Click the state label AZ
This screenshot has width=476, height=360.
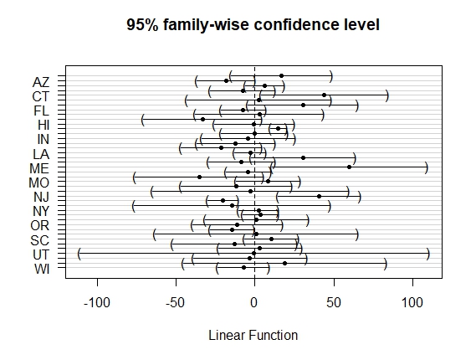click(x=41, y=82)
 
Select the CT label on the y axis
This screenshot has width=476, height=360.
click(x=41, y=97)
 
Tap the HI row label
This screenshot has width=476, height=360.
click(x=44, y=126)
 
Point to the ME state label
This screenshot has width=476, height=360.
click(x=39, y=168)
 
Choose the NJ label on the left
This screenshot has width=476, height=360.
click(x=41, y=198)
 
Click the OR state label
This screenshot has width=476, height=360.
click(x=40, y=226)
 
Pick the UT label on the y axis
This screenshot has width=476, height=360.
click(x=41, y=255)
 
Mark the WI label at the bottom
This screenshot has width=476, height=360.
click(x=42, y=270)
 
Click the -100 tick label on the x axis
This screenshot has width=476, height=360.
click(x=97, y=303)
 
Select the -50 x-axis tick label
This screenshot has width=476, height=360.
click(x=176, y=303)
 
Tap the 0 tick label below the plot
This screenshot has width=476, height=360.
click(x=254, y=303)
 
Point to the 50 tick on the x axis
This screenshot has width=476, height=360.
click(x=334, y=303)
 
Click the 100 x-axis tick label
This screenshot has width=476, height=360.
click(x=412, y=303)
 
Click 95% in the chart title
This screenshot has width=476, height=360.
click(x=142, y=24)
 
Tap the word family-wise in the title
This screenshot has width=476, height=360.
click(x=207, y=25)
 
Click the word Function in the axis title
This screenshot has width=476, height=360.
click(x=274, y=336)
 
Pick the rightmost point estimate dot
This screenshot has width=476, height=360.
click(x=349, y=167)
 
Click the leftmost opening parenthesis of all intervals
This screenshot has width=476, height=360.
click(x=79, y=254)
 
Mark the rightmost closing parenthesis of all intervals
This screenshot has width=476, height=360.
click(x=428, y=254)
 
